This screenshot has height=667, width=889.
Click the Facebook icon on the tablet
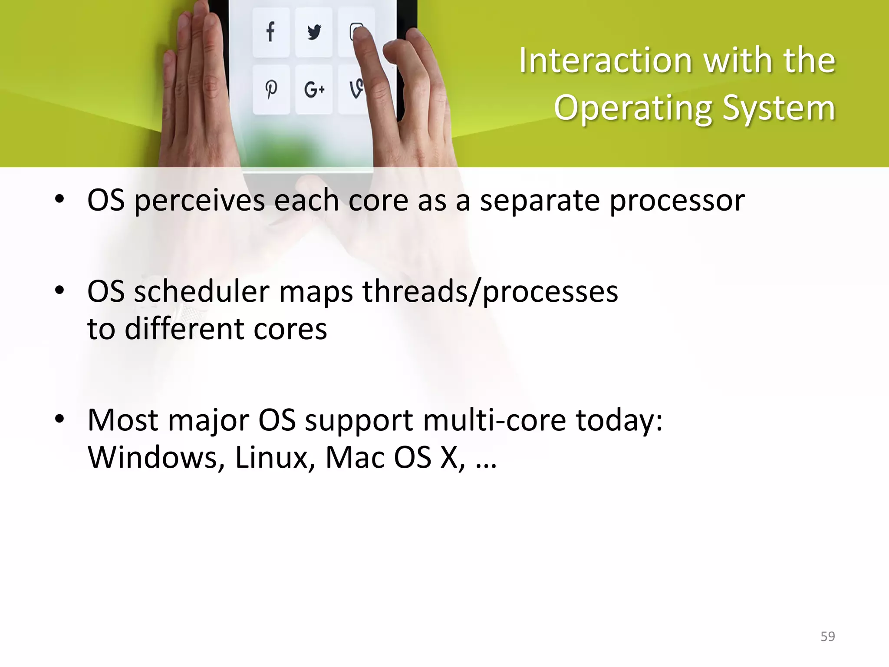270,32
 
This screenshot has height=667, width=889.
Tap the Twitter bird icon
314,32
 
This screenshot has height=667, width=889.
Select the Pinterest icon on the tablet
271,89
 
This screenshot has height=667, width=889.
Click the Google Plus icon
314,89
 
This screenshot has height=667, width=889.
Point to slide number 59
827,637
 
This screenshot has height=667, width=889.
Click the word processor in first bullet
677,201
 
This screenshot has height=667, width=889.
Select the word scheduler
202,291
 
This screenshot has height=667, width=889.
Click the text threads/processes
490,291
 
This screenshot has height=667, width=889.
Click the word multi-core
494,420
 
